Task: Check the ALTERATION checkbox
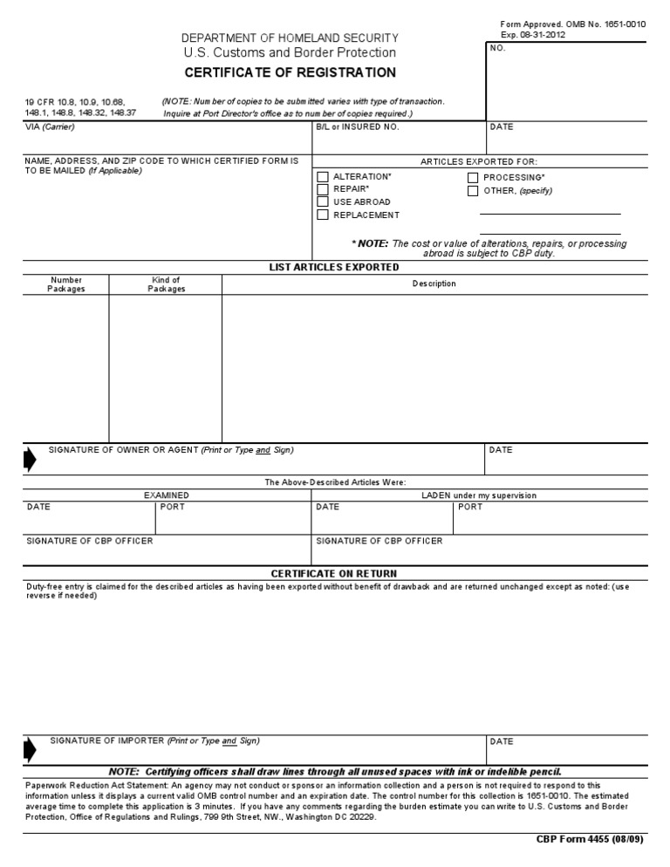(323, 177)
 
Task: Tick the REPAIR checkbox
(323, 189)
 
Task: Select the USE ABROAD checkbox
(323, 201)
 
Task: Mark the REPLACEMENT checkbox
(323, 215)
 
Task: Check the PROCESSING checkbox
(473, 178)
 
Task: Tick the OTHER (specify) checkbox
(473, 191)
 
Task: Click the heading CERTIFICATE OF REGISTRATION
(290, 72)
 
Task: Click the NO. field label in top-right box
(498, 48)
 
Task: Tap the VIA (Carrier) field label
(50, 127)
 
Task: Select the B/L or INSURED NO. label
(358, 127)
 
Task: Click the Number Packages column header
(66, 284)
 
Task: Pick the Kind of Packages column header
(166, 284)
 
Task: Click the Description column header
(434, 283)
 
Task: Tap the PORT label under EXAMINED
(173, 507)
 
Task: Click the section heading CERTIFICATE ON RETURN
(333, 573)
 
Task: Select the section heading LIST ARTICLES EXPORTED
(334, 267)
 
